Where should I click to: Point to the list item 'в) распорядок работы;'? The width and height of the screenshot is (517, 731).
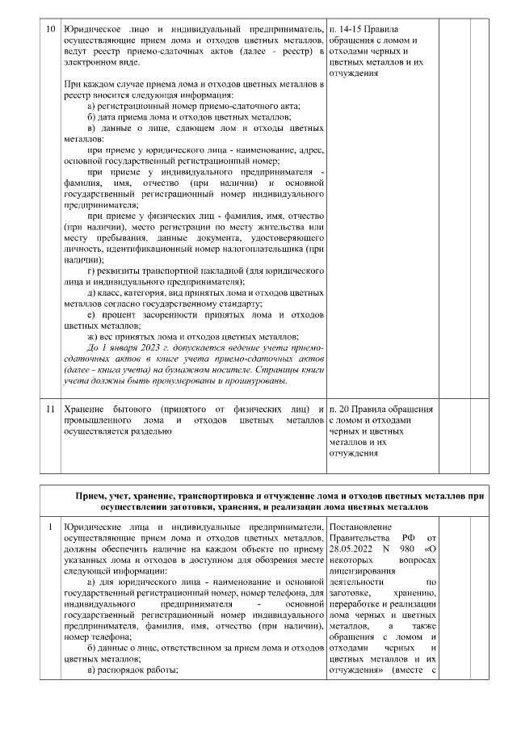[132, 670]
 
